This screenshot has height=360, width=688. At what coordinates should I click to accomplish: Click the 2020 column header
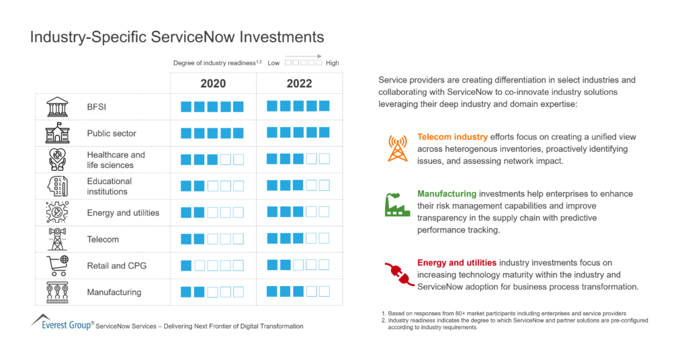coord(212,83)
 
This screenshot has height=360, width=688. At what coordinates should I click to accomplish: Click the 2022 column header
coord(299,83)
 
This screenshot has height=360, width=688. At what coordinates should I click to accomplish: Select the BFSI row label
coord(97,106)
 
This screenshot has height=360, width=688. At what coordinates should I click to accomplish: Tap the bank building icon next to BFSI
coord(57,107)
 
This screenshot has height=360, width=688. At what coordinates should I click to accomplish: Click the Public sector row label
coord(112,133)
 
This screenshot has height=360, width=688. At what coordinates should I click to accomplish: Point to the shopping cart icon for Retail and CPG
coord(56,265)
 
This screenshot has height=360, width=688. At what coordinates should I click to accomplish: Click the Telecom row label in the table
coord(103,239)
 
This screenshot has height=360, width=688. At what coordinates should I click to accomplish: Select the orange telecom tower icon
coord(397,148)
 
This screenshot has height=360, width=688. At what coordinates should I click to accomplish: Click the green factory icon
coord(397,204)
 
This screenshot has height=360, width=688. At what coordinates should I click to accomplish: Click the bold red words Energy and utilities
coord(457,263)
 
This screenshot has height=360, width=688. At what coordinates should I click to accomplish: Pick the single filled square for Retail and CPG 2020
coord(186,265)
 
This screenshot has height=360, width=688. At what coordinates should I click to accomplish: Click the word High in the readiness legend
coord(332,63)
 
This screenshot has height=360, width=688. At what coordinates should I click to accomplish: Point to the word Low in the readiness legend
coord(273,63)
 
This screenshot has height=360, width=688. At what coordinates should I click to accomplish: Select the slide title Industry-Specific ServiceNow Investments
coord(177,37)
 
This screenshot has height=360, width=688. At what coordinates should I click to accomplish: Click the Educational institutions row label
coord(110,186)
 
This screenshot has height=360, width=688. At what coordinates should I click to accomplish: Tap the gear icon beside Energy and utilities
coord(57,212)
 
